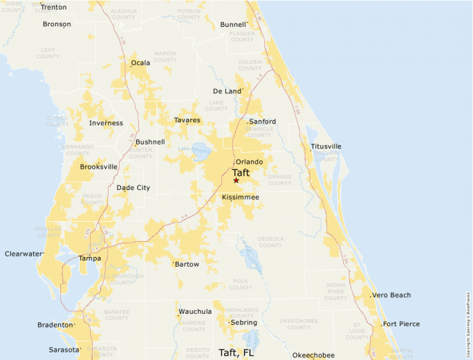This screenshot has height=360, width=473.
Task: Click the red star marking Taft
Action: click(x=236, y=180)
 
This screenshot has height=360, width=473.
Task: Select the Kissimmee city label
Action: click(x=241, y=197)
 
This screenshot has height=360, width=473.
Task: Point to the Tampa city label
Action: click(x=90, y=258)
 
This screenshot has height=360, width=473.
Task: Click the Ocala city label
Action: click(x=141, y=63)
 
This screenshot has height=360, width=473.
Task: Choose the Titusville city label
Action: click(x=326, y=146)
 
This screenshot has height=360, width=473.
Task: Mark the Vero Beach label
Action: click(x=391, y=295)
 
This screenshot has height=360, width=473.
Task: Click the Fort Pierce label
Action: click(x=400, y=323)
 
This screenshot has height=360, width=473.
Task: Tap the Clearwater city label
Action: click(x=24, y=254)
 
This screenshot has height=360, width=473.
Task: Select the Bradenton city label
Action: click(x=55, y=325)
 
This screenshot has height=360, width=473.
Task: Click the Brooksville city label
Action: click(x=99, y=167)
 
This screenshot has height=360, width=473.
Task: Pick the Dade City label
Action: click(x=133, y=187)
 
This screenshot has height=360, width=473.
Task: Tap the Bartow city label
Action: click(x=187, y=264)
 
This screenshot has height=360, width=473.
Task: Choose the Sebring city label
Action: click(x=243, y=323)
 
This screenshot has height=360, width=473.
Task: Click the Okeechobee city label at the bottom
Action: click(x=313, y=355)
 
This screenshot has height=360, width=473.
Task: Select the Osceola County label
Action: click(x=270, y=242)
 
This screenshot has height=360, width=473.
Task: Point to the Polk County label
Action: click(x=241, y=283)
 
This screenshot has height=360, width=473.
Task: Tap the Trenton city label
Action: click(x=54, y=7)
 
